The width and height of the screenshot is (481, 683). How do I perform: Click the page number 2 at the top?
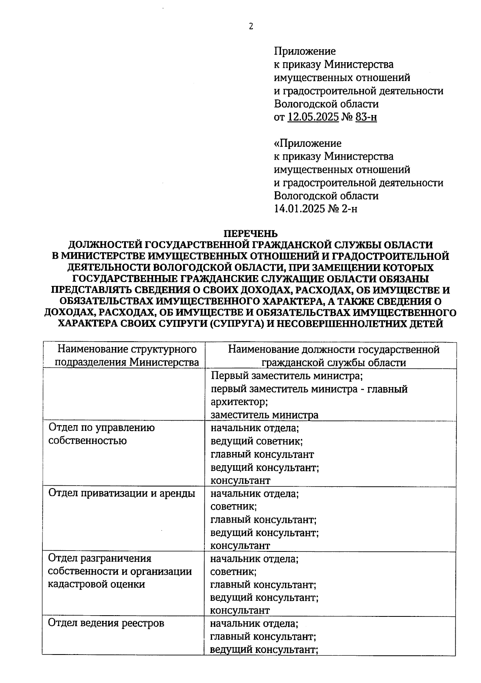pos(251,27)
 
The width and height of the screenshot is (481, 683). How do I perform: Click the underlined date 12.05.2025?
pos(313,117)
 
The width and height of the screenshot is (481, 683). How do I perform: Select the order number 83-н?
pos(366,117)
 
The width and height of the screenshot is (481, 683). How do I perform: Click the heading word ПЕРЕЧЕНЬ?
pos(251,233)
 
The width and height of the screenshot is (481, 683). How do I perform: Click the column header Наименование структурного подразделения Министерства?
pos(127,356)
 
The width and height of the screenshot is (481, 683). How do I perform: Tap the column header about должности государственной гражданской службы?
pos(333,356)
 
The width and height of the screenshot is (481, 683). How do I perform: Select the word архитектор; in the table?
pos(239,402)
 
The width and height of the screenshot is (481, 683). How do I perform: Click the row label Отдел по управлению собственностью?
pos(101,434)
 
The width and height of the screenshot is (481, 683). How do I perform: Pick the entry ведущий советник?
pos(257,441)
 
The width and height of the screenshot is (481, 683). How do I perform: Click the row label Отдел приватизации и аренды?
pos(121,493)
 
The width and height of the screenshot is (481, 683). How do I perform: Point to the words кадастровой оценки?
pos(96,584)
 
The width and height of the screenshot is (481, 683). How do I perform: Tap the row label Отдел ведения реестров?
pos(106,623)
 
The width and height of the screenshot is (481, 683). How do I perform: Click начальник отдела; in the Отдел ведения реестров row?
pos(255,624)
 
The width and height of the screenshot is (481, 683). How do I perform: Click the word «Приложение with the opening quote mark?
pos(307,143)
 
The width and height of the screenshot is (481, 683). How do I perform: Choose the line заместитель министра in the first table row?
pos(265,415)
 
